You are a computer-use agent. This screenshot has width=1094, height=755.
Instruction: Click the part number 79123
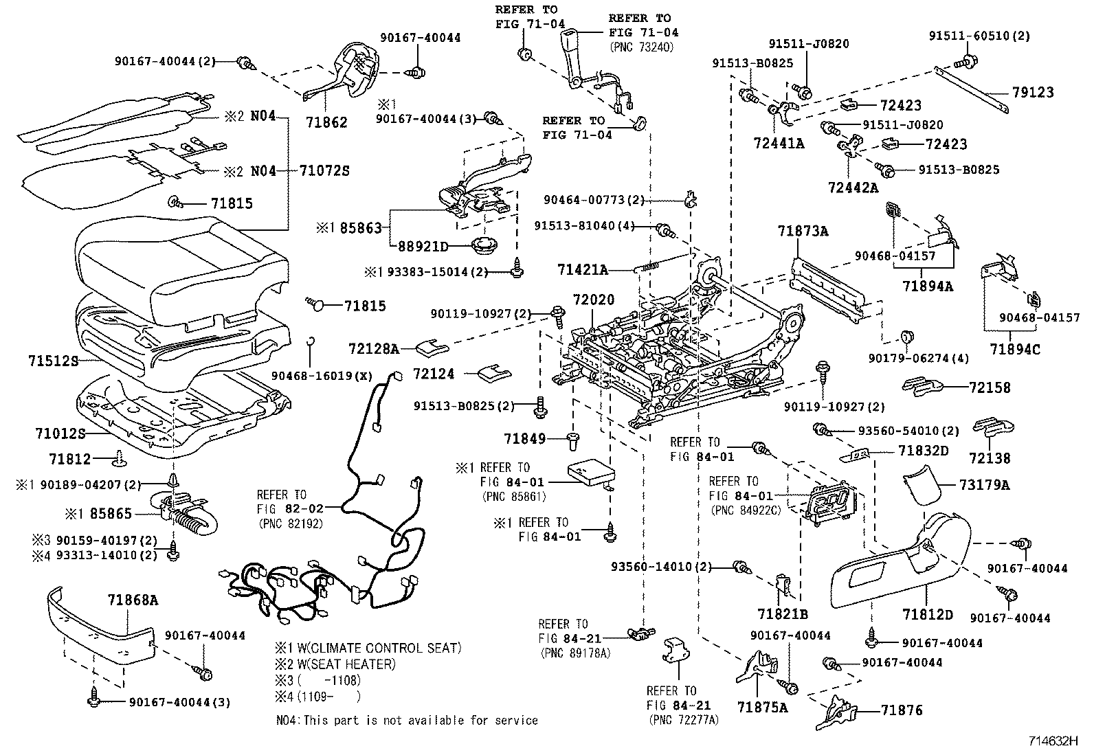[1032, 92]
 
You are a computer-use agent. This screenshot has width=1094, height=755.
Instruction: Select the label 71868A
[133, 600]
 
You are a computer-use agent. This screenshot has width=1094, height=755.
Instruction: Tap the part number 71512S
[54, 360]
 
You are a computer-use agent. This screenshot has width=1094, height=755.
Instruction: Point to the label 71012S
[60, 433]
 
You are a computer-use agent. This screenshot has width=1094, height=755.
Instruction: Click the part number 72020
[592, 301]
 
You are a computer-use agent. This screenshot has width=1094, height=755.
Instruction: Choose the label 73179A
[984, 485]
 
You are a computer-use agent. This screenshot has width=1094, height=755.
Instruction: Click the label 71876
[902, 710]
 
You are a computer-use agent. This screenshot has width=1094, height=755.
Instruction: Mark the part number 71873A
[803, 232]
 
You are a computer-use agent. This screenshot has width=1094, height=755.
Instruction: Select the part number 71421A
[583, 271]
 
